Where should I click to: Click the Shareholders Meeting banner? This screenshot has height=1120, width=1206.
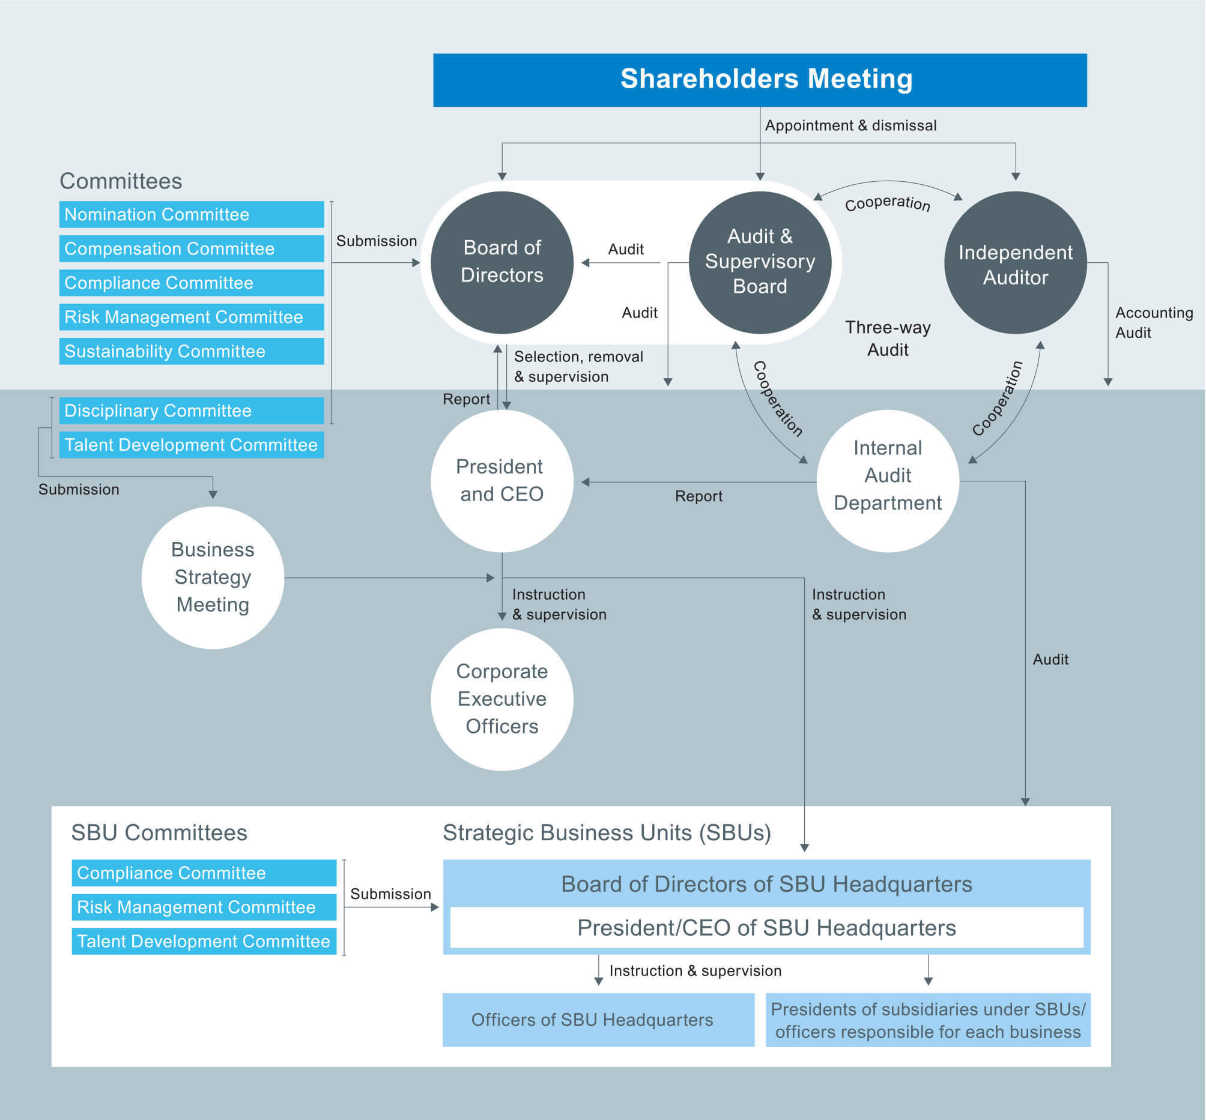pyautogui.click(x=759, y=80)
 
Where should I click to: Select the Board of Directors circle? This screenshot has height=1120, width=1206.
pyautogui.click(x=501, y=262)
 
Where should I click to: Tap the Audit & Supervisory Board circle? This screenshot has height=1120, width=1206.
pyautogui.click(x=759, y=262)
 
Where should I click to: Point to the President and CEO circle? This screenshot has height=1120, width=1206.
pyautogui.click(x=501, y=480)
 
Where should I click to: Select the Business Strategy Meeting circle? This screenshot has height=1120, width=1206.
pyautogui.click(x=212, y=577)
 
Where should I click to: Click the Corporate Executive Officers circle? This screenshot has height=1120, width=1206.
pyautogui.click(x=501, y=698)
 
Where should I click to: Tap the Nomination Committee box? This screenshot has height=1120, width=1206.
pyautogui.click(x=191, y=214)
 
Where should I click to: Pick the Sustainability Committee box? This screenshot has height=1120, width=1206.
pyautogui.click(x=191, y=352)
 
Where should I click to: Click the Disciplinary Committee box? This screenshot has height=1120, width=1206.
pyautogui.click(x=191, y=411)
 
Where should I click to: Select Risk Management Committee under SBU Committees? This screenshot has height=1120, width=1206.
pyautogui.click(x=203, y=907)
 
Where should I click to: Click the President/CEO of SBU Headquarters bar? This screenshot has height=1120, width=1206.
pyautogui.click(x=766, y=927)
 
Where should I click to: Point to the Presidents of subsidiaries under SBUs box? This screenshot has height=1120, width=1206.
pyautogui.click(x=927, y=1019)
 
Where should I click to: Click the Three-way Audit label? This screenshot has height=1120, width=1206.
pyautogui.click(x=887, y=338)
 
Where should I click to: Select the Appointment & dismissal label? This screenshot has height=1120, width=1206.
pyautogui.click(x=850, y=125)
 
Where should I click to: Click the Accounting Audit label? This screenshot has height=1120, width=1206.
pyautogui.click(x=1153, y=322)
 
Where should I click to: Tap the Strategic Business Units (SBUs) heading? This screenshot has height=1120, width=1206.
pyautogui.click(x=607, y=832)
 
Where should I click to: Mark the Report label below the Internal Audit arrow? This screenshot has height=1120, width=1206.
pyautogui.click(x=698, y=496)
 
